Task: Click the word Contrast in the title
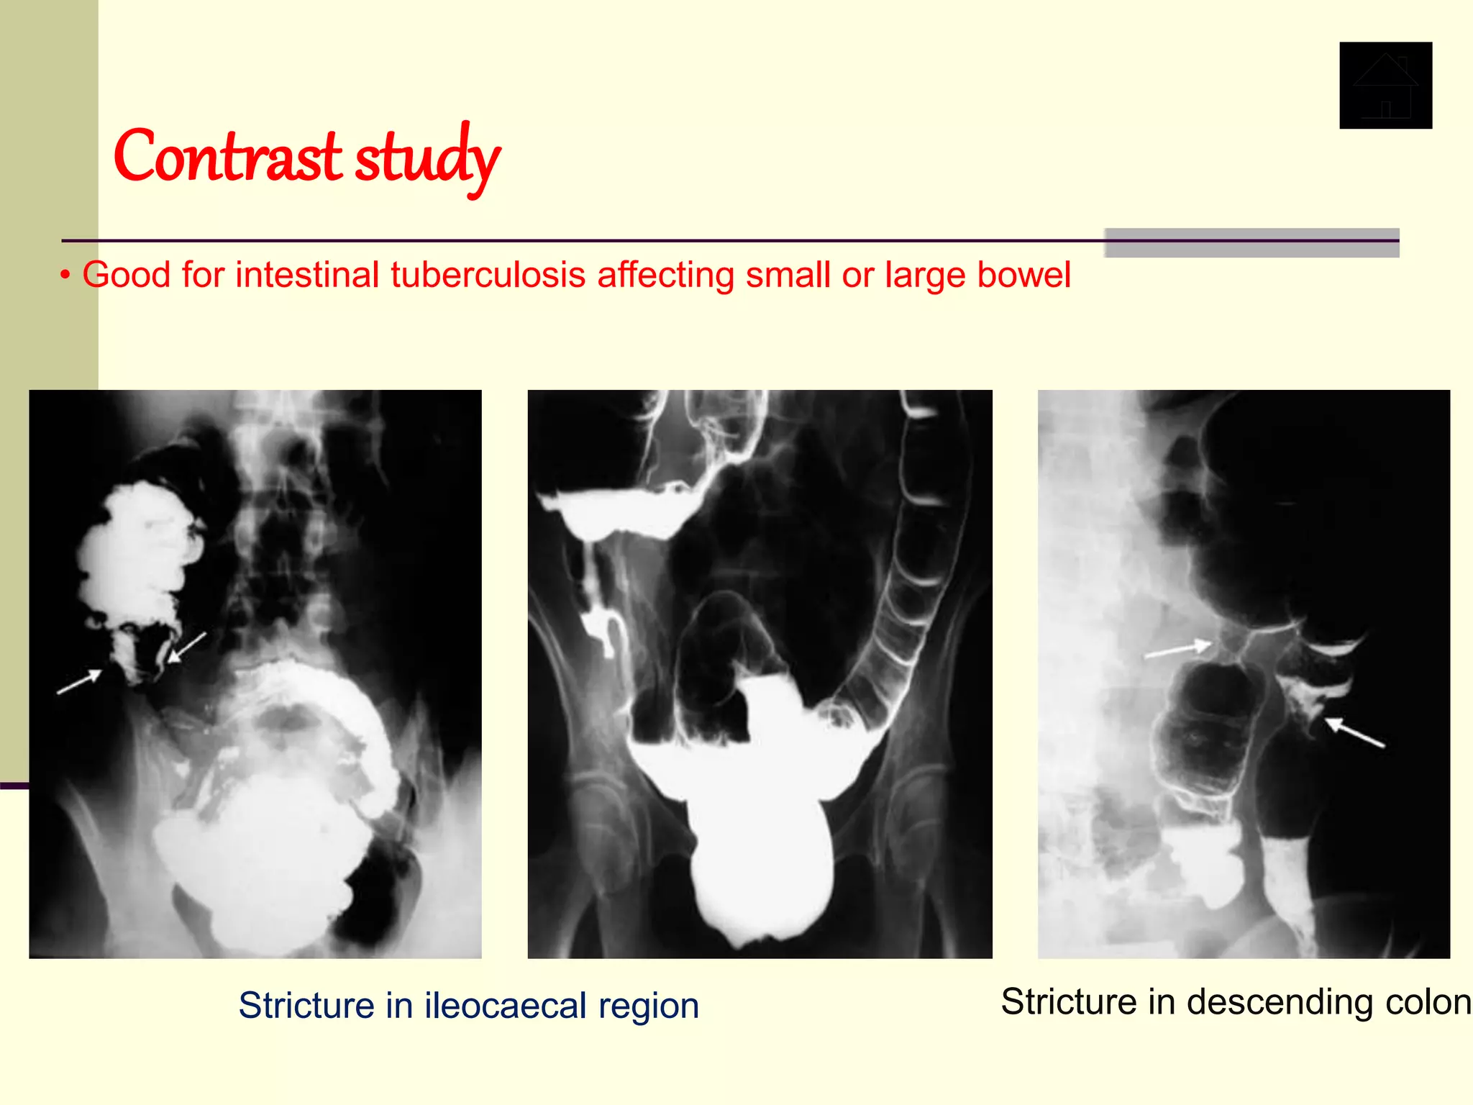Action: pyautogui.click(x=227, y=157)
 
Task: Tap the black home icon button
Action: pyautogui.click(x=1385, y=86)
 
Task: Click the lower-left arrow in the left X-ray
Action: pyautogui.click(x=79, y=682)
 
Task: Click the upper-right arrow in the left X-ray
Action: pyautogui.click(x=187, y=647)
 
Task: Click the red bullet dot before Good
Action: pyautogui.click(x=65, y=276)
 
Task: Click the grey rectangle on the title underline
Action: pyautogui.click(x=1251, y=243)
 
